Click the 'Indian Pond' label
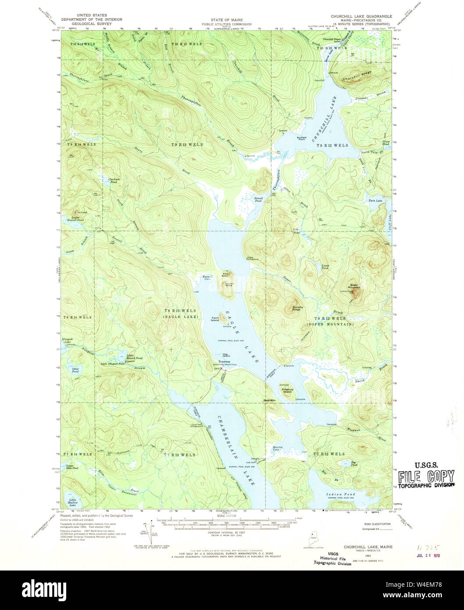[x=341, y=494]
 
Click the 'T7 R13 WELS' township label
[x=181, y=455]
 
